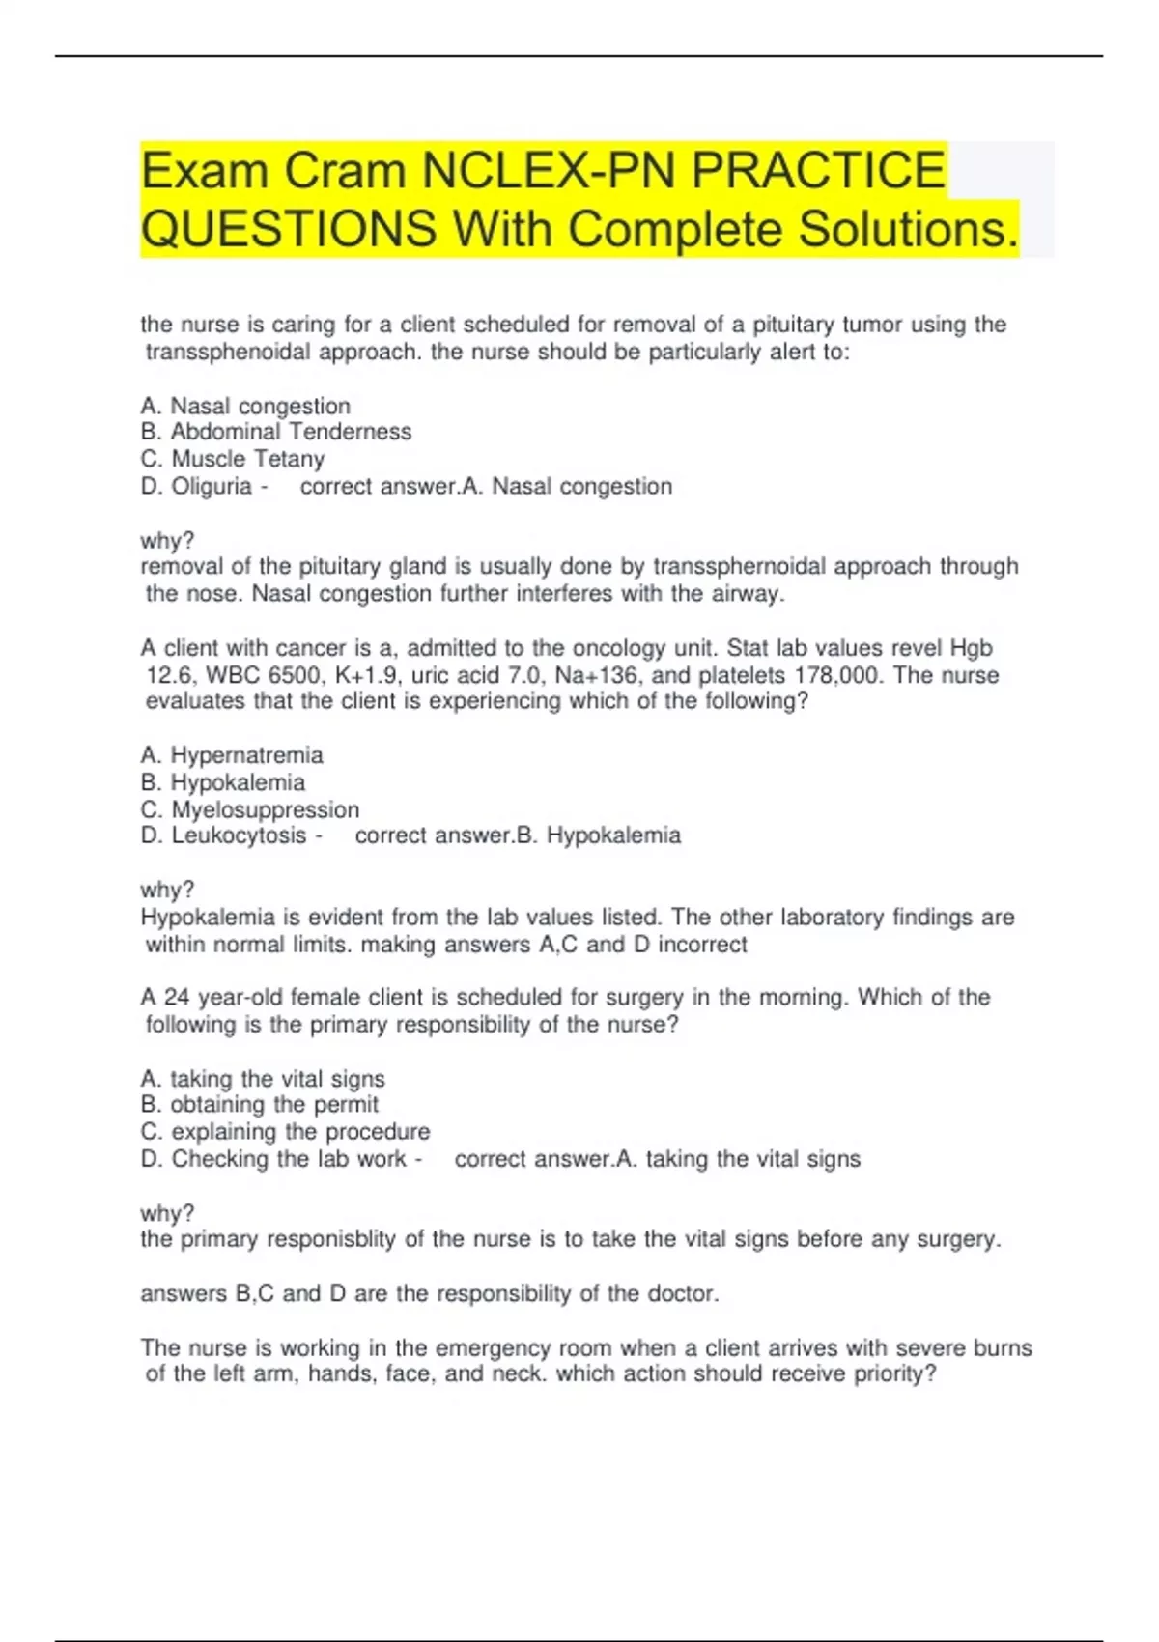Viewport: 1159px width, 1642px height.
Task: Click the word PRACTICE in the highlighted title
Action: [819, 171]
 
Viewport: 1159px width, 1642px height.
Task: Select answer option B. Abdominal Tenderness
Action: [276, 432]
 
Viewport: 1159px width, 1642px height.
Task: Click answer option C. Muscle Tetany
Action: [233, 459]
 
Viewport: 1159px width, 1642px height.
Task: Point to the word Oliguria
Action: [212, 486]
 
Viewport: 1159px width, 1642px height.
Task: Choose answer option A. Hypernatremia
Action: [232, 755]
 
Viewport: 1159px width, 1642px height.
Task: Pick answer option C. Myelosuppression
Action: [250, 809]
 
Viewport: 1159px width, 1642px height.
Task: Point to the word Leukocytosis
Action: [239, 835]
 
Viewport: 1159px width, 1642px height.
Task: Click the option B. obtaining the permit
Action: [259, 1105]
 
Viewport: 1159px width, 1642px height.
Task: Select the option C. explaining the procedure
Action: [285, 1132]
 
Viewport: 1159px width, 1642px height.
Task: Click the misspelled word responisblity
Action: [330, 1239]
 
